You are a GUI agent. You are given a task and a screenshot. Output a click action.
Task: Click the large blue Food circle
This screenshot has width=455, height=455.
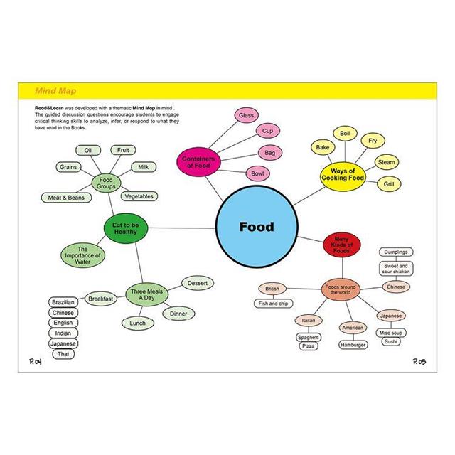pyautogui.click(x=255, y=227)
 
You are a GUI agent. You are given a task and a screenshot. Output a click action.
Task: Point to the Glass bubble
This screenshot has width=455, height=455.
pyautogui.click(x=246, y=115)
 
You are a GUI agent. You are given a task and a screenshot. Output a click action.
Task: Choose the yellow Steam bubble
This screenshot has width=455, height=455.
pyautogui.click(x=386, y=163)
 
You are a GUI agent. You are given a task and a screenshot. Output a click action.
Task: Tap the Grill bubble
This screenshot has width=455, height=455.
pyautogui.click(x=389, y=184)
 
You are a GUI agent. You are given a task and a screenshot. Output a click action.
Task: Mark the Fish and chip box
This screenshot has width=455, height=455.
pyautogui.click(x=273, y=304)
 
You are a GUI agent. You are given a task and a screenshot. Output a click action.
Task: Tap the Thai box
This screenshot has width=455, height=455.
pyautogui.click(x=63, y=354)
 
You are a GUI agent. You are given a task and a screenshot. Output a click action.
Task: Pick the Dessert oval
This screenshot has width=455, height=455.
pyautogui.click(x=197, y=283)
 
